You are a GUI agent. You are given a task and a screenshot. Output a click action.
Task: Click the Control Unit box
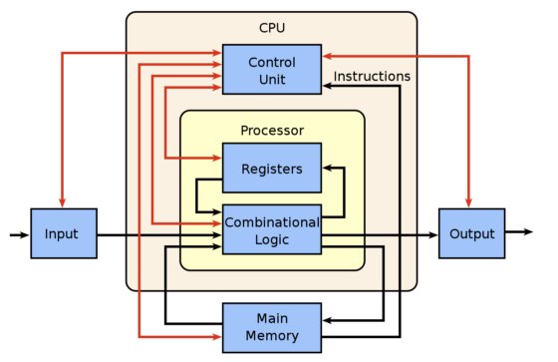271,69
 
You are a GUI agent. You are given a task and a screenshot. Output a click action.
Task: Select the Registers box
271,168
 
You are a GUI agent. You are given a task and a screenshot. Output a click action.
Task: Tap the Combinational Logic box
271,229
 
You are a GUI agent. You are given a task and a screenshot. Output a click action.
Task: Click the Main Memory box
271,328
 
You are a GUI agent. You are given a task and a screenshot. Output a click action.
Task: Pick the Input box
64,234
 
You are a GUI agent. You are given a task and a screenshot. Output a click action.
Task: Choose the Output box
471,234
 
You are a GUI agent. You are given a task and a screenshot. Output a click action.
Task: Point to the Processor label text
271,131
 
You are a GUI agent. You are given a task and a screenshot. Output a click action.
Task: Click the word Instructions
372,76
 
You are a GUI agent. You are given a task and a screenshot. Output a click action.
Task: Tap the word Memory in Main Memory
271,337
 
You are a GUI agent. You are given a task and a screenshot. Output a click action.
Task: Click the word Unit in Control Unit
271,79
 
